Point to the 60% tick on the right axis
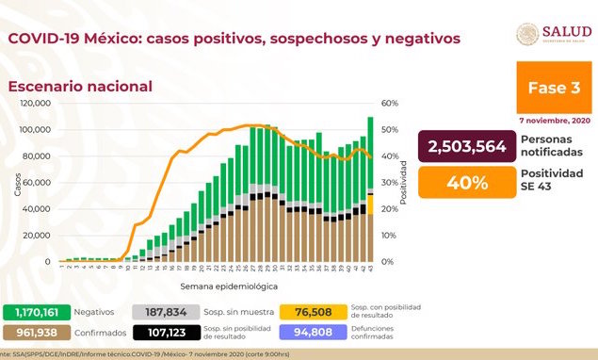point(390,103)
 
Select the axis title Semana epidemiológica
point(218,284)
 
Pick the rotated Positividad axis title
point(404,182)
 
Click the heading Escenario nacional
point(80,86)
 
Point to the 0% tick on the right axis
point(387,261)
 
